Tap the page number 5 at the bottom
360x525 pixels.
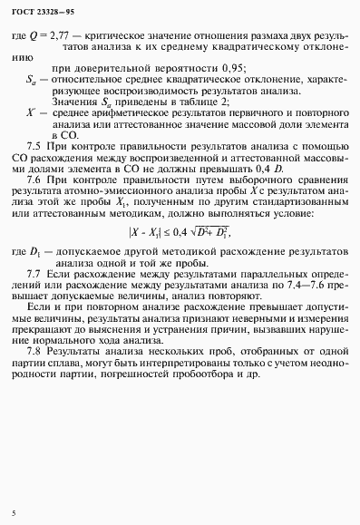pyautogui.click(x=14, y=514)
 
